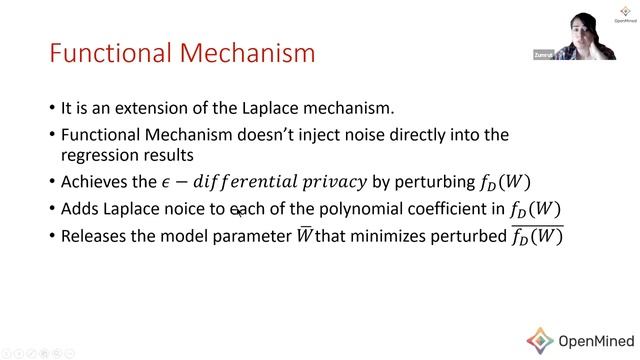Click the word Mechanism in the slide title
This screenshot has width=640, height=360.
point(246,52)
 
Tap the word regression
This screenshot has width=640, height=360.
point(96,156)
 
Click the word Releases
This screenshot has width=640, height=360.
point(96,236)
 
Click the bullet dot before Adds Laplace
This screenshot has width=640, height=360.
point(51,210)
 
